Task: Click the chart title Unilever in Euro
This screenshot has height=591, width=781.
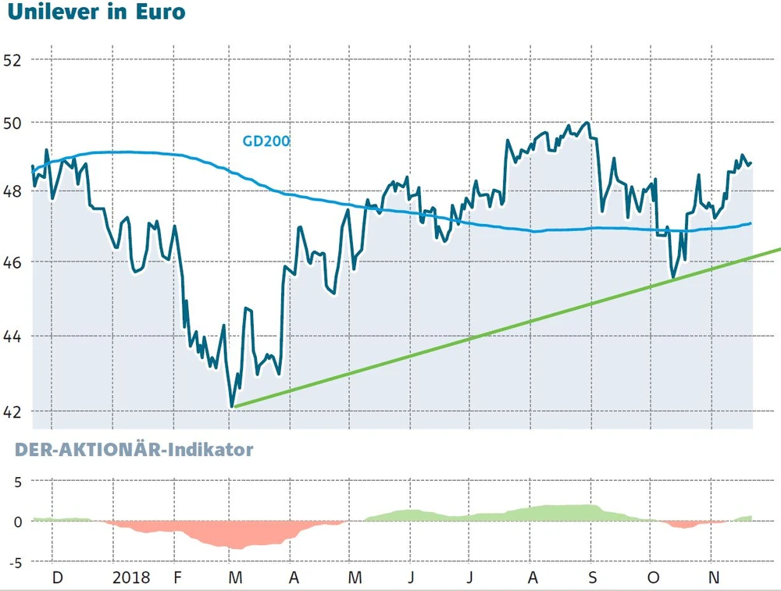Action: pyautogui.click(x=96, y=13)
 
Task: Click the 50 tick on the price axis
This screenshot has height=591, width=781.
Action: pyautogui.click(x=12, y=123)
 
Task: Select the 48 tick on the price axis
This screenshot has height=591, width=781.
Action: pyautogui.click(x=12, y=191)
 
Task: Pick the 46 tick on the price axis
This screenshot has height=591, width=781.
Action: pyautogui.click(x=12, y=262)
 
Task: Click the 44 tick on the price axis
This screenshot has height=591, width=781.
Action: pyautogui.click(x=12, y=336)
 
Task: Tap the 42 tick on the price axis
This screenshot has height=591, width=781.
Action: pyautogui.click(x=12, y=411)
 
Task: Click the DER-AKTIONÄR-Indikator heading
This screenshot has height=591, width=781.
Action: pyautogui.click(x=130, y=450)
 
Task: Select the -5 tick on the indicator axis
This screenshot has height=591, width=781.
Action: pyautogui.click(x=14, y=561)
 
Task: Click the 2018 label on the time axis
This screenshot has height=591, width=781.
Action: pyautogui.click(x=131, y=579)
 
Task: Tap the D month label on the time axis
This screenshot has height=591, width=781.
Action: pyautogui.click(x=56, y=579)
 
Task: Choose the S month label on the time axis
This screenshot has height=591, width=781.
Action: pyautogui.click(x=592, y=579)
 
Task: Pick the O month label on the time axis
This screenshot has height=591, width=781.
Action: pyautogui.click(x=653, y=579)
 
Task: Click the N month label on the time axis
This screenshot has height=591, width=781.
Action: pyautogui.click(x=712, y=579)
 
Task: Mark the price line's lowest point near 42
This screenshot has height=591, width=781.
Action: pyautogui.click(x=233, y=406)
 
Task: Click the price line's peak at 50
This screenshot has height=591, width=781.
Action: pyautogui.click(x=587, y=123)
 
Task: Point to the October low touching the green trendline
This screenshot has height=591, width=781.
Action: pyautogui.click(x=672, y=277)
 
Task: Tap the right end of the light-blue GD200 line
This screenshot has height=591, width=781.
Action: pyautogui.click(x=751, y=223)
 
